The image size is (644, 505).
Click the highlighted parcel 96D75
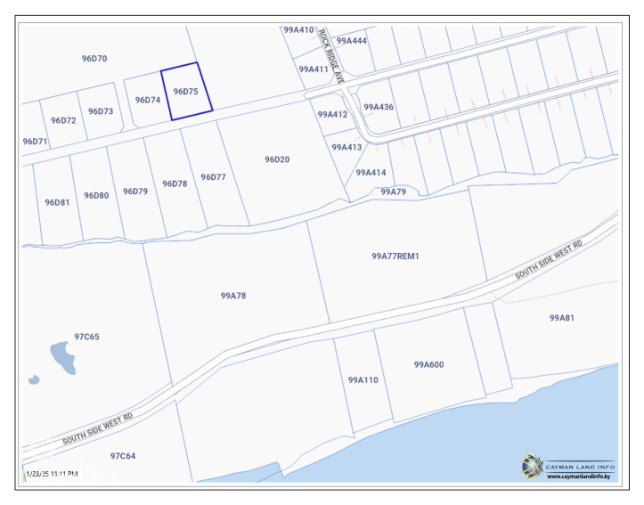coord(186,91)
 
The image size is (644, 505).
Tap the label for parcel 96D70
coord(94,59)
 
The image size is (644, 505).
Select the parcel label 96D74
coord(147,100)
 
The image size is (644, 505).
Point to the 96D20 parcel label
coord(277,159)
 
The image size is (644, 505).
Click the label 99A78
coord(232,295)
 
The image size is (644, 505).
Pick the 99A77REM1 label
coord(395,256)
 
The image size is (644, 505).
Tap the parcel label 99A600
coord(428,364)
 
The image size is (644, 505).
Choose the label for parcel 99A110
coord(363,379)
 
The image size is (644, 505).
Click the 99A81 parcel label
coord(562,318)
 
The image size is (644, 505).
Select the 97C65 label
coord(86,337)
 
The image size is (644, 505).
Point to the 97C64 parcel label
coord(123,455)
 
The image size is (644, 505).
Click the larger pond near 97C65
coord(61,356)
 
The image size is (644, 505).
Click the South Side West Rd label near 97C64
coord(97,428)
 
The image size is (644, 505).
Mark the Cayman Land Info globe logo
coord(532,465)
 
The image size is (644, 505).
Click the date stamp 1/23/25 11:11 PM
coord(53,473)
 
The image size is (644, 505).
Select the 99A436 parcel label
coord(379,107)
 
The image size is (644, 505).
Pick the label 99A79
coord(393,191)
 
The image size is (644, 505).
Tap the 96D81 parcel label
coord(57,202)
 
